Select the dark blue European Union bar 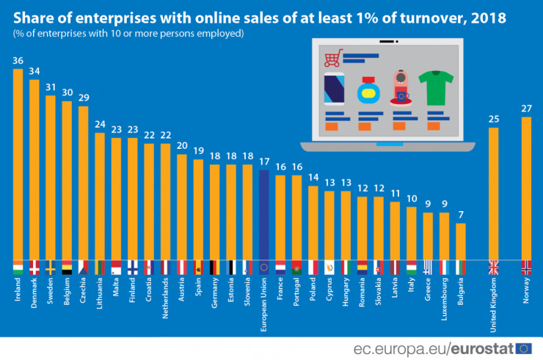point(265,213)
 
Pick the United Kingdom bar point(493,194)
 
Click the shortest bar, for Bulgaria point(460,241)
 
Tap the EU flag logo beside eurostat point(524,348)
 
